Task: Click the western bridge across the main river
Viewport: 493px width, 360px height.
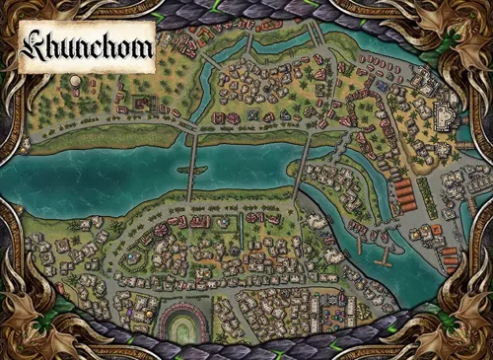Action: pyautogui.click(x=193, y=162)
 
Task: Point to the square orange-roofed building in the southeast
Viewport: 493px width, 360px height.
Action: pyautogui.click(x=449, y=258)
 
